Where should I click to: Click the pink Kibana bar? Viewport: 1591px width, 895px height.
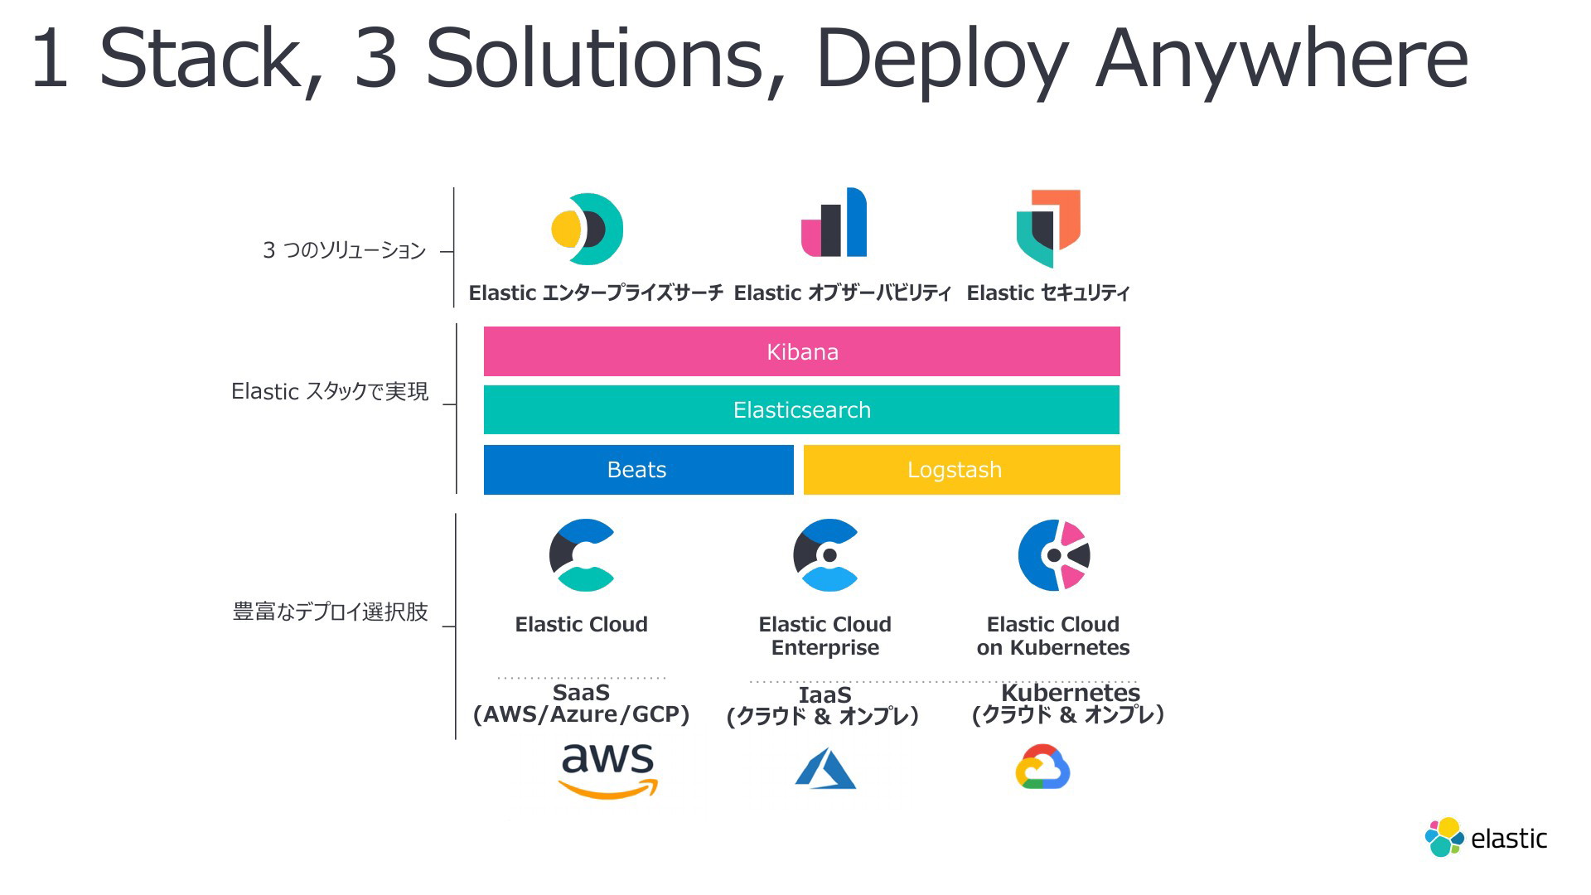[801, 351]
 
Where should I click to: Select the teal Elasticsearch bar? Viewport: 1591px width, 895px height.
[801, 409]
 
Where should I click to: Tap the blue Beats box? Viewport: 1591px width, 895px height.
[638, 470]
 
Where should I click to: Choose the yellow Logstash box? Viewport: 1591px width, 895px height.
[962, 470]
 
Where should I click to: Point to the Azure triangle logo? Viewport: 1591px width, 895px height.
[825, 768]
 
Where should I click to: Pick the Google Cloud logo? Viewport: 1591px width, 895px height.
[1043, 767]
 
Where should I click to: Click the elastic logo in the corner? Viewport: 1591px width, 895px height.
[1486, 838]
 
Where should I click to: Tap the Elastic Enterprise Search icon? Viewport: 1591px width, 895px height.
[588, 230]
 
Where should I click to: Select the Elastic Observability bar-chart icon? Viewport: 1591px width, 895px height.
[834, 222]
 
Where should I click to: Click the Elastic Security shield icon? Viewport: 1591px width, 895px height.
[1048, 228]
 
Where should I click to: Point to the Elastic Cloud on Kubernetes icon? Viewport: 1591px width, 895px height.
[1054, 555]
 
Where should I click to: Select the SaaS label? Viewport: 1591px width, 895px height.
[581, 692]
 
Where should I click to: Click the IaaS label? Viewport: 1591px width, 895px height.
[825, 694]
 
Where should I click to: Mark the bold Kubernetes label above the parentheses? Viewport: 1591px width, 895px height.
[1071, 692]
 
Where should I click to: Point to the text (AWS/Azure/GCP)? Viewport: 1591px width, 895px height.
[581, 714]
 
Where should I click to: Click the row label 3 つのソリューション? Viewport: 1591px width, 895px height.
[344, 250]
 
